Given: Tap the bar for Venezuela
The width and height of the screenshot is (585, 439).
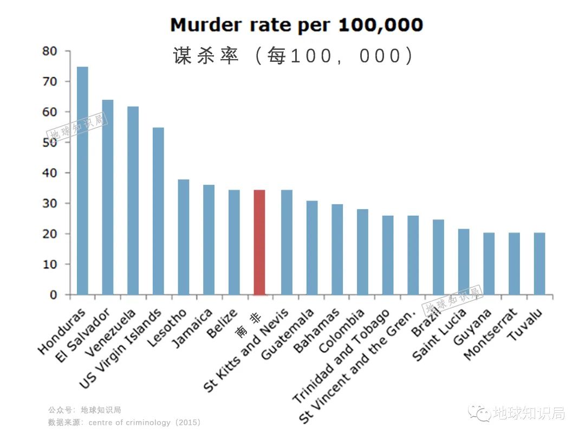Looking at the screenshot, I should pyautogui.click(x=133, y=201).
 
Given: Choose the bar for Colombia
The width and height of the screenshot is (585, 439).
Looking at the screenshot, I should pyautogui.click(x=362, y=252).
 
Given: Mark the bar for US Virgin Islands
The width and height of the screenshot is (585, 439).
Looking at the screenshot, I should pyautogui.click(x=158, y=211).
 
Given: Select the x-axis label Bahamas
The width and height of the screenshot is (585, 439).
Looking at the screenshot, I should pyautogui.click(x=317, y=331).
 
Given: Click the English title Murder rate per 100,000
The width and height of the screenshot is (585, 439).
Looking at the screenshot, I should pyautogui.click(x=296, y=25).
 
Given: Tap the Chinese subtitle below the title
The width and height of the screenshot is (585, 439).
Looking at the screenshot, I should pyautogui.click(x=293, y=56).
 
